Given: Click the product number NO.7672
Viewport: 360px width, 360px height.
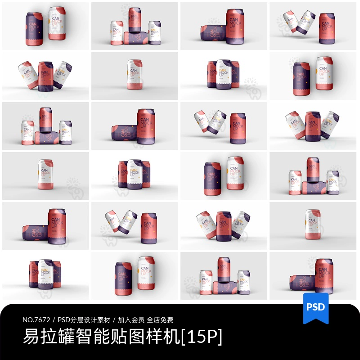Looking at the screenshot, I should pos(37,320).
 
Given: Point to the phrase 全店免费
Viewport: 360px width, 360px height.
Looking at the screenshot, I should pos(160,320).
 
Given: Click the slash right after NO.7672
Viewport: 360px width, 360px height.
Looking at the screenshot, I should pos(55,320).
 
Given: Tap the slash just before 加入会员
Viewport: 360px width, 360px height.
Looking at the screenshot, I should pos(114,320).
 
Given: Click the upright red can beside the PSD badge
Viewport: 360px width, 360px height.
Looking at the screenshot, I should pos(323,275).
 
